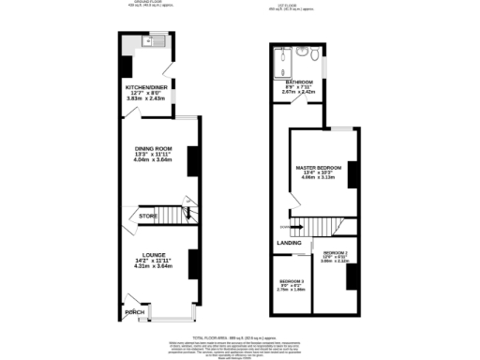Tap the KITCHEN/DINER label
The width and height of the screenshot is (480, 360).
pos(146,86)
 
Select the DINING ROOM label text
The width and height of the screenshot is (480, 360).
pos(154,148)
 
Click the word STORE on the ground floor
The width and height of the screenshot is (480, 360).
pos(147,217)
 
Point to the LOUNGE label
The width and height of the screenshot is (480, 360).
pos(154,254)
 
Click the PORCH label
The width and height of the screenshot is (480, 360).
pos(137,311)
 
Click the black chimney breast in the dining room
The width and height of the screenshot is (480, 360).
pos(191,160)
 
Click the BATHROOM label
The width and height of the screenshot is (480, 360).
pos(299,82)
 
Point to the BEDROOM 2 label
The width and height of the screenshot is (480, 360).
pos(335,254)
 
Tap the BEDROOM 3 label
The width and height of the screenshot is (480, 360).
pos(291,281)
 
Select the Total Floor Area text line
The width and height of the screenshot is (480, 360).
pos(240,336)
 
